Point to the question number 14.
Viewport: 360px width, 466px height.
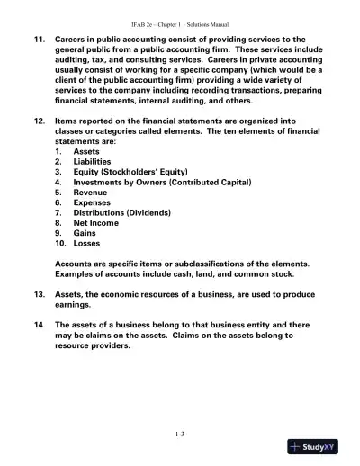tap(39, 324)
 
